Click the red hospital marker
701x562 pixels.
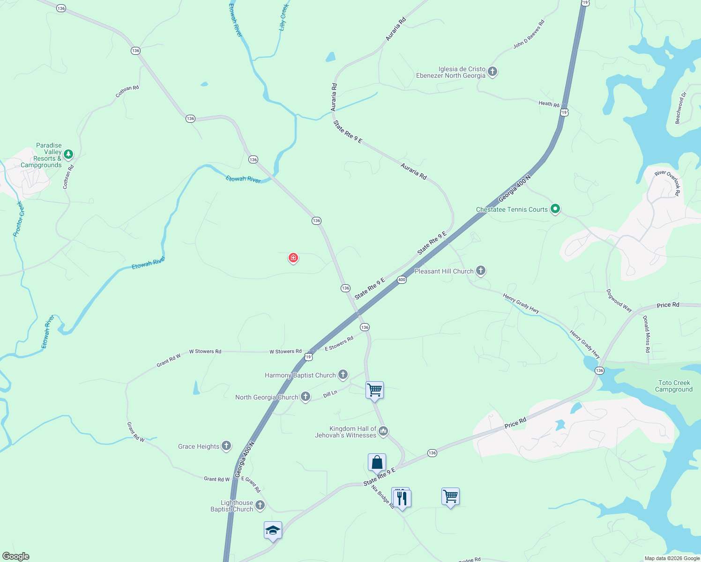tap(293, 258)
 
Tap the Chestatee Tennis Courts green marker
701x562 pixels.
tap(555, 209)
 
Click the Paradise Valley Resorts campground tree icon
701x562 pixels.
tap(68, 154)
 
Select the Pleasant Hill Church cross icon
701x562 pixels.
tap(481, 270)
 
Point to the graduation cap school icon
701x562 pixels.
tap(273, 531)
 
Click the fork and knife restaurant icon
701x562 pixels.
tap(402, 498)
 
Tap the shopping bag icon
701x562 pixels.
tap(377, 462)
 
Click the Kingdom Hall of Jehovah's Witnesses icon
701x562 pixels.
tap(383, 431)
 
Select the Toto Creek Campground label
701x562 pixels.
tap(674, 386)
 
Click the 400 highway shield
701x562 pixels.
tap(402, 280)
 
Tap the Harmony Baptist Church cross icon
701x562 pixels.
tap(343, 374)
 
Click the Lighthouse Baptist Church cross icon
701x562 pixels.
tap(260, 505)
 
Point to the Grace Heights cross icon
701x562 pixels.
tap(226, 446)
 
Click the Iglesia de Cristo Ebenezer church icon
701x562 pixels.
tap(492, 72)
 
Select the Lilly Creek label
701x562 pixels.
tap(284, 17)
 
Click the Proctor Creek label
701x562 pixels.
tap(19, 219)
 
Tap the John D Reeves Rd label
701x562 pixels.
tap(529, 34)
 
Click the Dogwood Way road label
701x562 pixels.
tap(619, 301)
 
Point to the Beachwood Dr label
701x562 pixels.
tap(681, 108)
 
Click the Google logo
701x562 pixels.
tap(16, 556)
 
